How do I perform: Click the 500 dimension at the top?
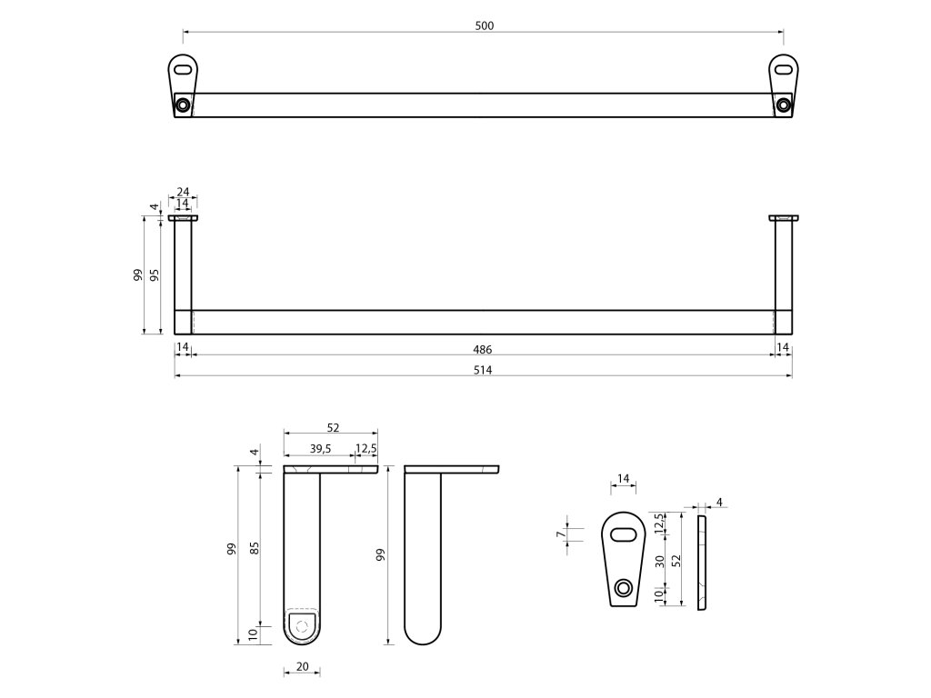tap(484, 25)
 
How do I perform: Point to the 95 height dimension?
tap(155, 275)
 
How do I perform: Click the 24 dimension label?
tap(183, 192)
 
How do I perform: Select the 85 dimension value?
tap(255, 548)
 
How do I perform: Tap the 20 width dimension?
tap(302, 667)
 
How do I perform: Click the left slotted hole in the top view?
tap(184, 68)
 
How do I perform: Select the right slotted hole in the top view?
tap(783, 68)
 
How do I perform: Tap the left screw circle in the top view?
tap(183, 105)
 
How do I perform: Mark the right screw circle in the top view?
tap(783, 105)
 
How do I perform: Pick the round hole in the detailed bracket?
tap(624, 588)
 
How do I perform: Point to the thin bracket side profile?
tap(702, 563)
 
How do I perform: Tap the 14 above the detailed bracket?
tap(624, 478)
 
